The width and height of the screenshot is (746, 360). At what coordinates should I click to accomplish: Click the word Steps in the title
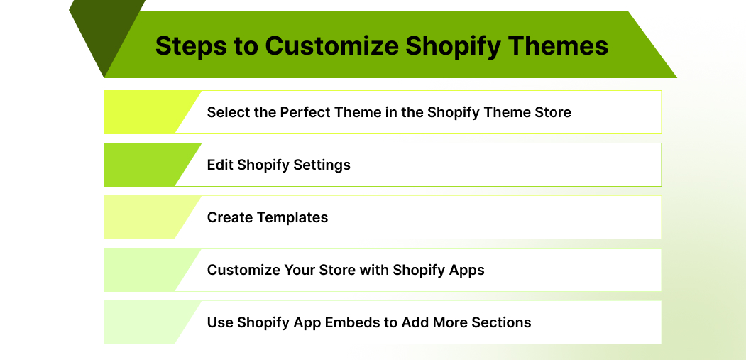pos(187,46)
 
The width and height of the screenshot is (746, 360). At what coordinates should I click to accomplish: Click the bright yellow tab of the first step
pos(142,112)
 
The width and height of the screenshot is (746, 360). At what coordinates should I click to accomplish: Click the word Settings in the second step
pos(322,165)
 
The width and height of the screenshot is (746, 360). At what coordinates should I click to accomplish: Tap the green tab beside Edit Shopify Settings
pos(142,165)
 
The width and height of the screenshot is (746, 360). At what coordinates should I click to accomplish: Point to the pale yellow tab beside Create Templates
pos(142,217)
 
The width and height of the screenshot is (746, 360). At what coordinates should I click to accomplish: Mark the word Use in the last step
pos(220,322)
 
